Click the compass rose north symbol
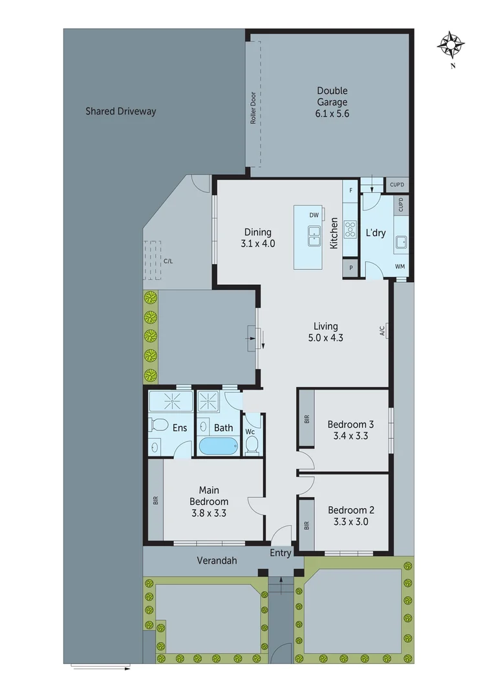coord(452,45)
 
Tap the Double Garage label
coord(332,96)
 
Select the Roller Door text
coord(253,107)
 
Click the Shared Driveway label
coord(121,111)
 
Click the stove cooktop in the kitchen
coord(350,229)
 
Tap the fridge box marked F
coord(350,190)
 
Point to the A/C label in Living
coord(382,331)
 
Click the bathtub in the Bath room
coord(218,447)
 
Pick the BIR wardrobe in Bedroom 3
coord(306,419)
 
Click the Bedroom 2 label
coord(350,509)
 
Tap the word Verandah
coord(217,560)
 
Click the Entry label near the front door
coord(281,552)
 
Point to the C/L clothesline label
coord(168,261)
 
